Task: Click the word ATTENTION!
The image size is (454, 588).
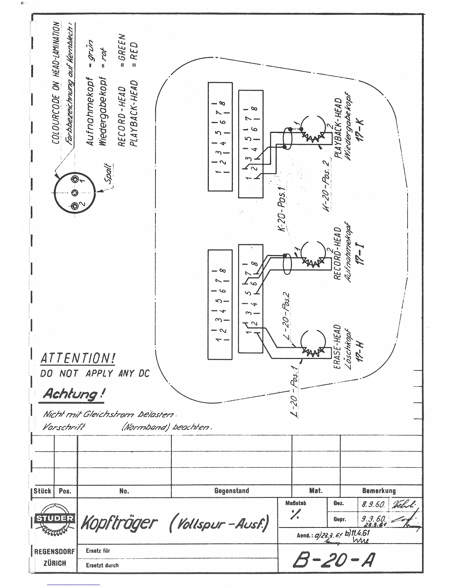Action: (78, 358)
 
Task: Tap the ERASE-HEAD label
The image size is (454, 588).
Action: (337, 347)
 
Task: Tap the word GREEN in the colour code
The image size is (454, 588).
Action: (124, 44)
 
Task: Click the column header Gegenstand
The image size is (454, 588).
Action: (231, 491)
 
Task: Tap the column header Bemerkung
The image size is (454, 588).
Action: (379, 491)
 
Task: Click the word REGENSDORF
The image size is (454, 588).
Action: (55, 552)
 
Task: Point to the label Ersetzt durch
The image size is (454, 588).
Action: (102, 565)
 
